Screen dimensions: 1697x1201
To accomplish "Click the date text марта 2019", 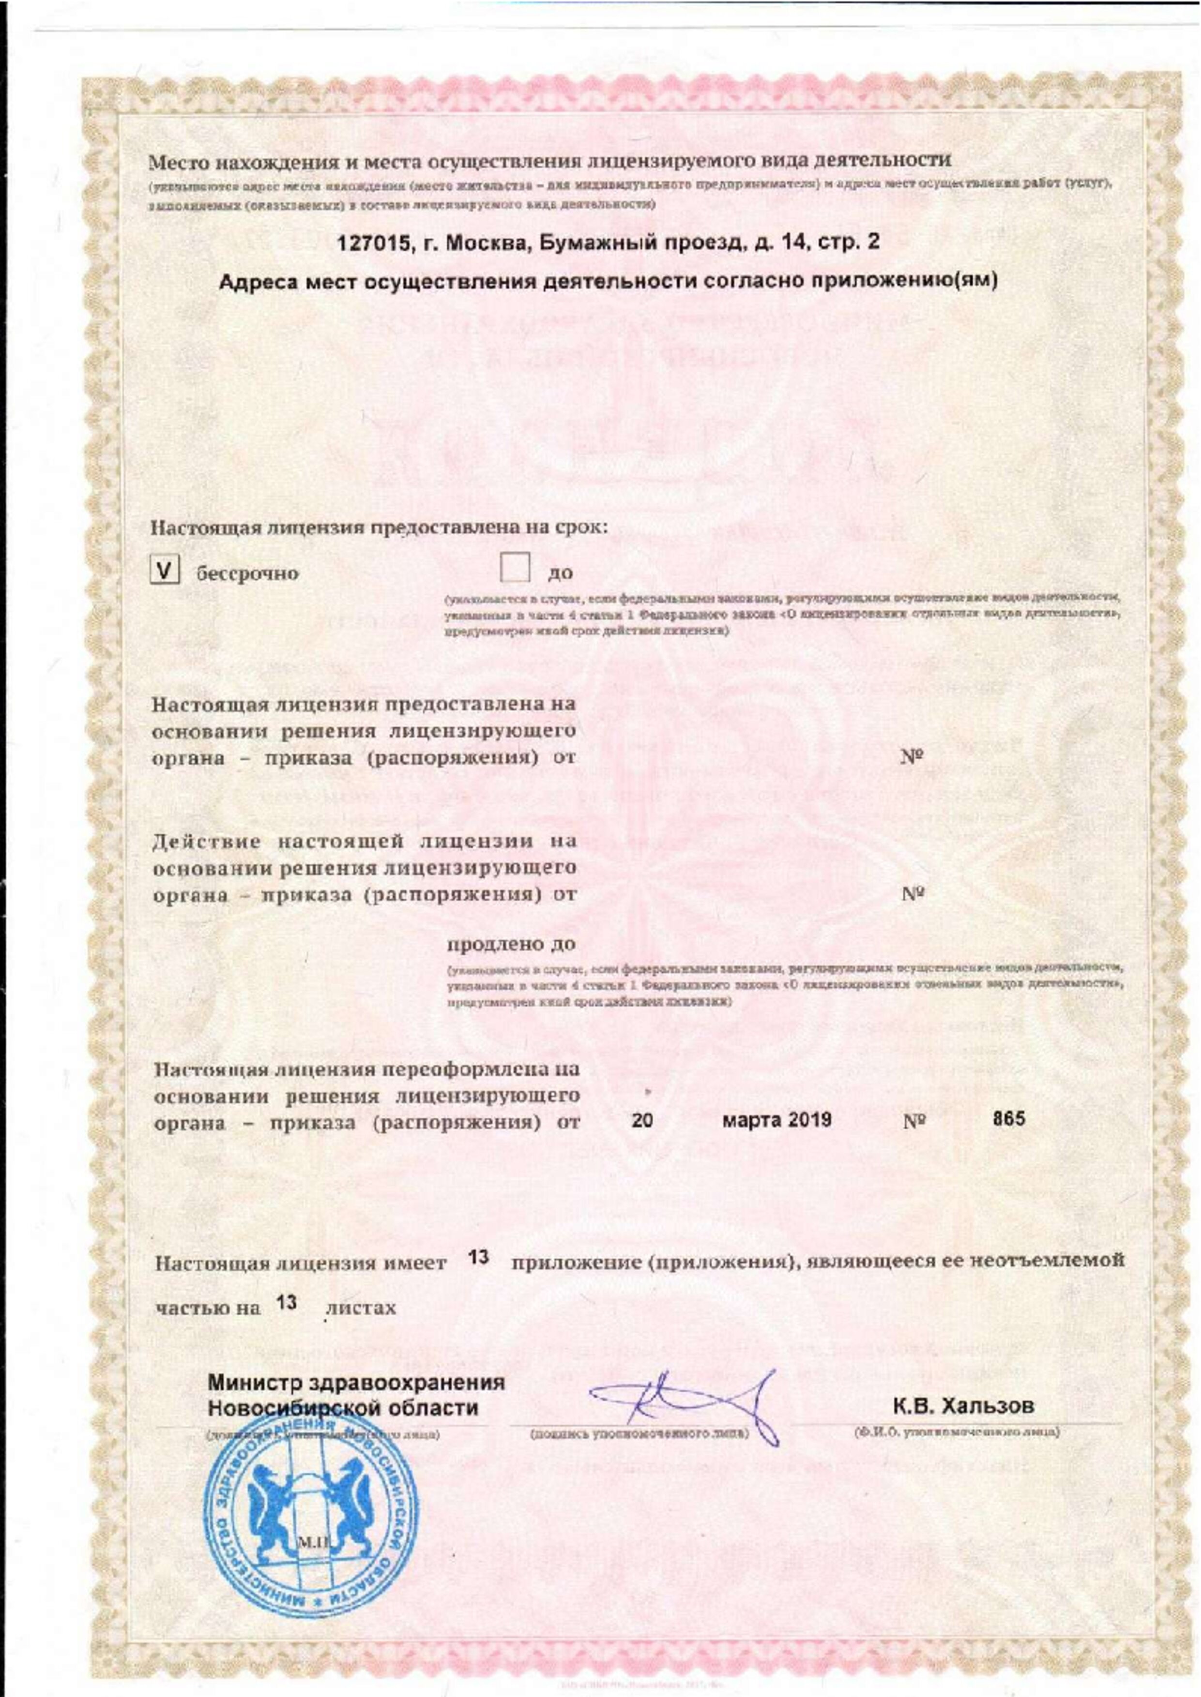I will point(776,1119).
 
